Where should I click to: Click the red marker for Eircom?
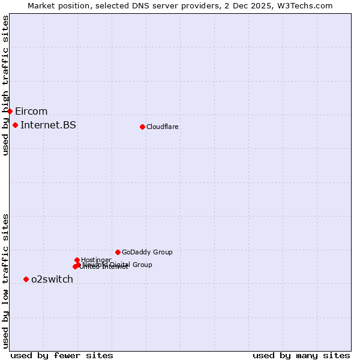[x=10, y=111]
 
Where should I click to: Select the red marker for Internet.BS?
[x=15, y=125]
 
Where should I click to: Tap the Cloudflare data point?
[x=142, y=127]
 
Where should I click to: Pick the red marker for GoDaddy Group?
[x=118, y=252]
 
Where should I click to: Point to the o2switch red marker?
[x=26, y=279]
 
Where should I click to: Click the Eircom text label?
[x=31, y=111]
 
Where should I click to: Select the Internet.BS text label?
[x=48, y=125]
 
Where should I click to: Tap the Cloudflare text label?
[x=162, y=127]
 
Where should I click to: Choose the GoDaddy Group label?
[x=147, y=252]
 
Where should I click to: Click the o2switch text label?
[x=52, y=279]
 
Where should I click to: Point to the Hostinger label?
[x=96, y=260]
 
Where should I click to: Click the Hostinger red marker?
[x=77, y=260]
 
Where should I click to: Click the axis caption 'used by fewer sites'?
[x=62, y=355]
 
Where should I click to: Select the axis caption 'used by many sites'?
[x=301, y=355]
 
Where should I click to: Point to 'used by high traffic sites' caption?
[x=5, y=85]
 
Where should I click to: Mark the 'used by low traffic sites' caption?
[x=5, y=280]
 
